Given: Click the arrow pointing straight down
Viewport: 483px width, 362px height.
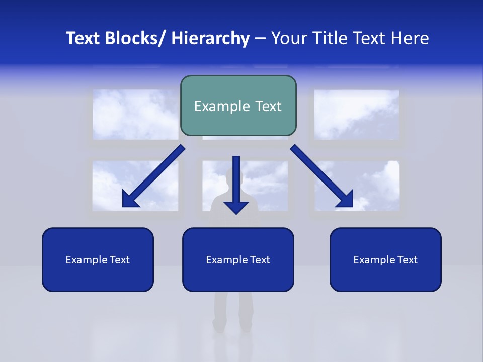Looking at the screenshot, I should tap(236, 186).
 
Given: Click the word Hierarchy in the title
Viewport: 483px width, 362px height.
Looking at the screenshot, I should tap(210, 38).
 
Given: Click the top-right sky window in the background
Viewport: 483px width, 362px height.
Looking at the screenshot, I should tap(356, 115).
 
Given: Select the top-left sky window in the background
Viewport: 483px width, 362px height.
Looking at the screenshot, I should tap(135, 115).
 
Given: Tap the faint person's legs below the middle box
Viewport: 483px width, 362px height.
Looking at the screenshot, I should tap(232, 312).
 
